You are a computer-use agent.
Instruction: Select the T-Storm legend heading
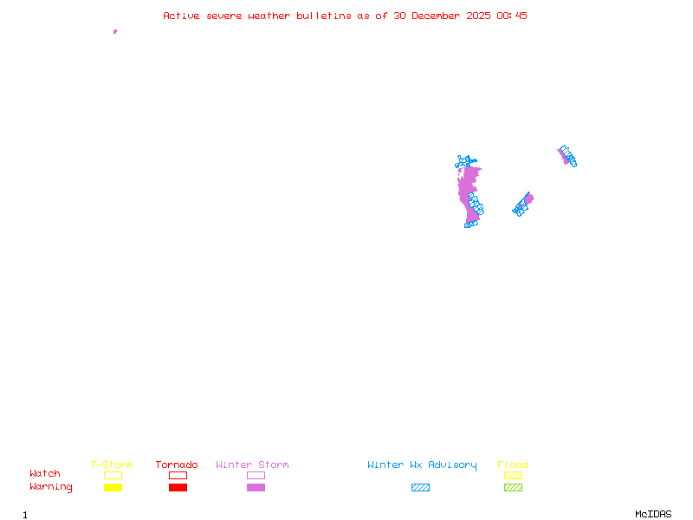112,465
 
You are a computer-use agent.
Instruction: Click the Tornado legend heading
177,465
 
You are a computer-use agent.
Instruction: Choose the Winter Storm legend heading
252,465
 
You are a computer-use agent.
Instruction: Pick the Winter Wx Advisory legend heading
422,465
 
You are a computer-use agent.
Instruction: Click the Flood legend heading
513,465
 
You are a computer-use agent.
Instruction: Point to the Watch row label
45,474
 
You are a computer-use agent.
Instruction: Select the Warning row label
51,487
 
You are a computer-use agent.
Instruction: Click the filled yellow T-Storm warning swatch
113,487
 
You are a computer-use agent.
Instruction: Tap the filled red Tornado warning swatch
178,487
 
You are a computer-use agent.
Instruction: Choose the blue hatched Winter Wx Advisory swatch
420,487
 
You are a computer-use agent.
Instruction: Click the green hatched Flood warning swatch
513,487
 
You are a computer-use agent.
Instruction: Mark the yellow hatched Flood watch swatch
513,475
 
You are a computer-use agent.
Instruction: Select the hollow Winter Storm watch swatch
256,475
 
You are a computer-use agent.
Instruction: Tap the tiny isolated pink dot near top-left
114,31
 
